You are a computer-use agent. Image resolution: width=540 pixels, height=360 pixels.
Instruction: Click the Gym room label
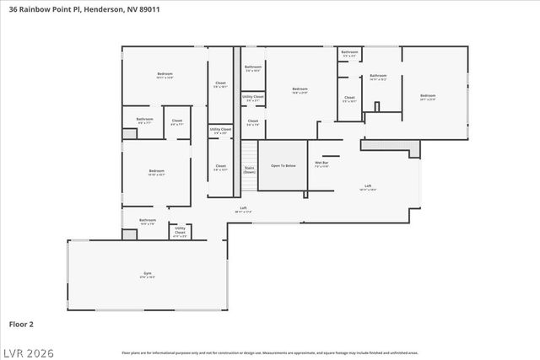tap(143, 275)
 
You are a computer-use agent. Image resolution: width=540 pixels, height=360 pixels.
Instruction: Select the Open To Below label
tap(283, 166)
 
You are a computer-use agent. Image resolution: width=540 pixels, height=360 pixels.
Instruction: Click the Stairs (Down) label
tap(250, 169)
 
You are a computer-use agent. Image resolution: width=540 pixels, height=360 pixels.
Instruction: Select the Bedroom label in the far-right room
tap(428, 96)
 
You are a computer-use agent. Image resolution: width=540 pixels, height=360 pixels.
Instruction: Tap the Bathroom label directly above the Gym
tap(148, 222)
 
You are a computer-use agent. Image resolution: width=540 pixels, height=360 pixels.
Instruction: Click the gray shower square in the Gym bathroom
tap(129, 234)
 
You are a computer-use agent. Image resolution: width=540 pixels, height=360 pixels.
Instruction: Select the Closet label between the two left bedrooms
tap(177, 121)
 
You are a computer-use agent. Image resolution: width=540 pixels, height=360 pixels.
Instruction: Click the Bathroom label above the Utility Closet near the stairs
tap(253, 67)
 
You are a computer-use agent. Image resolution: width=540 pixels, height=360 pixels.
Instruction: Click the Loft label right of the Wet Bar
tap(368, 187)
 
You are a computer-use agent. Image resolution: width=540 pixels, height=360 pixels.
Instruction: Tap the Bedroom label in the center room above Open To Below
tap(300, 89)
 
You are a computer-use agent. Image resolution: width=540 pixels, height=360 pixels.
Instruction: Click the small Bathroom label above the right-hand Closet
tap(349, 54)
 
